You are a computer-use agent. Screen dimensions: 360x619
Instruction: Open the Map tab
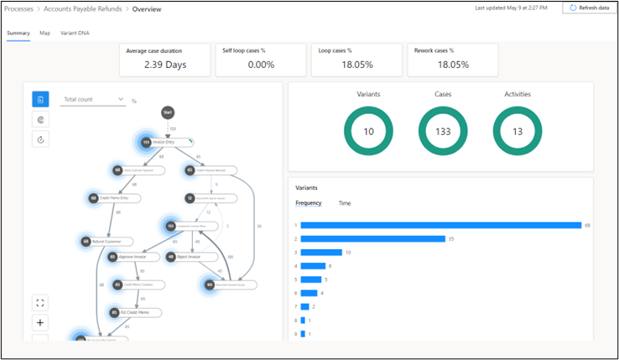(44, 34)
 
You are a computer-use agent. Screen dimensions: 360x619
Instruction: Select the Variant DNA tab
(75, 34)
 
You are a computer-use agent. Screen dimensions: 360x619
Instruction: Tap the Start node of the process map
(168, 112)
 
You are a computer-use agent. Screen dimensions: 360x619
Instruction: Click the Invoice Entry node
(166, 143)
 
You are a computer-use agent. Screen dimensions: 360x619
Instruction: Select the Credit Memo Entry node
(116, 198)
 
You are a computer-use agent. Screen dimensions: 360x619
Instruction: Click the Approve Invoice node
(134, 257)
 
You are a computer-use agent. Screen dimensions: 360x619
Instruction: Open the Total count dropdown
(94, 100)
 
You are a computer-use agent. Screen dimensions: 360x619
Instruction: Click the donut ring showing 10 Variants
(368, 132)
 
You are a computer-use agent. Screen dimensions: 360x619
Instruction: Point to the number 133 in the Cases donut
(443, 133)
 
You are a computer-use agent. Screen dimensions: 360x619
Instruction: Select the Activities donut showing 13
(517, 132)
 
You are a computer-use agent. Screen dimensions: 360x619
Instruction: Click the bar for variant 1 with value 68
(440, 225)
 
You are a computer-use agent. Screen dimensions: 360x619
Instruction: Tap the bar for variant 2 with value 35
(372, 238)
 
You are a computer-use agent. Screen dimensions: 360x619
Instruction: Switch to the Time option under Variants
(345, 203)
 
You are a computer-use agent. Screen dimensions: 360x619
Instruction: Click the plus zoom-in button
(40, 322)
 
